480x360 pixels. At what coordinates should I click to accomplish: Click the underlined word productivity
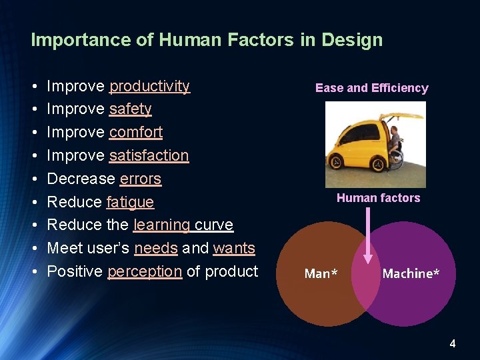tap(149, 87)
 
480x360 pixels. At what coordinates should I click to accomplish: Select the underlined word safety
tap(130, 109)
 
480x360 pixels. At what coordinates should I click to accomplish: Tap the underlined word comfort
tap(136, 133)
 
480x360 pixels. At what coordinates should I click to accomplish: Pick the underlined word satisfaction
tap(149, 156)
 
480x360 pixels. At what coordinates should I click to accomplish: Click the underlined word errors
tap(140, 179)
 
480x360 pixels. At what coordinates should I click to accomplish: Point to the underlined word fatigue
tap(130, 203)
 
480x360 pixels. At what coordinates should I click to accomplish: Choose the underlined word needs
tap(155, 249)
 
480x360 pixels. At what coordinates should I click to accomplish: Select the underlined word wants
tap(234, 249)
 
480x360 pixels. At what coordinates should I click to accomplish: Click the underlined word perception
tap(145, 272)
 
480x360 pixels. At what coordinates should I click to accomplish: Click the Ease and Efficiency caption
tap(371, 88)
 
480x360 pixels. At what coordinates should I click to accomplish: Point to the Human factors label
tap(378, 198)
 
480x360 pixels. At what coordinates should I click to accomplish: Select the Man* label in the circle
tap(321, 274)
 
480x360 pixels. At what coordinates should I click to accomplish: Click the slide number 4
tap(453, 344)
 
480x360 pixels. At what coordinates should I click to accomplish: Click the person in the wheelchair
tap(395, 143)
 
